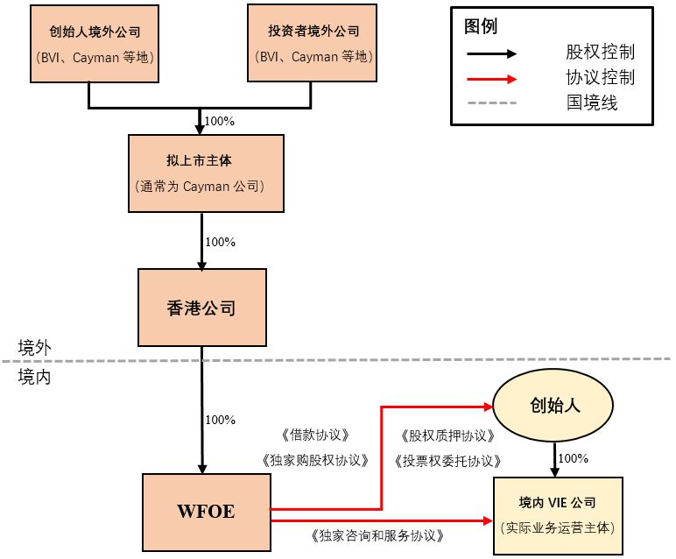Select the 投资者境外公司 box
pos(313,44)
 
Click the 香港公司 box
pos(201,308)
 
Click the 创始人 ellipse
pos(555,407)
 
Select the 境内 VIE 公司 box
pos(558,515)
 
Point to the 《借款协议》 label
pos(315,435)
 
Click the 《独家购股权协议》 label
pos(315,459)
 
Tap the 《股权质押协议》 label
pos(447,435)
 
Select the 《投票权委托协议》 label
pos(447,460)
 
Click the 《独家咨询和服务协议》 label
pos(377,534)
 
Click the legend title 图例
pos(481,26)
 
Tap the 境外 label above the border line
pos(35,347)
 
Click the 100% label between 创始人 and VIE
pos(573,458)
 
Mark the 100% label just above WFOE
pos(220,420)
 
